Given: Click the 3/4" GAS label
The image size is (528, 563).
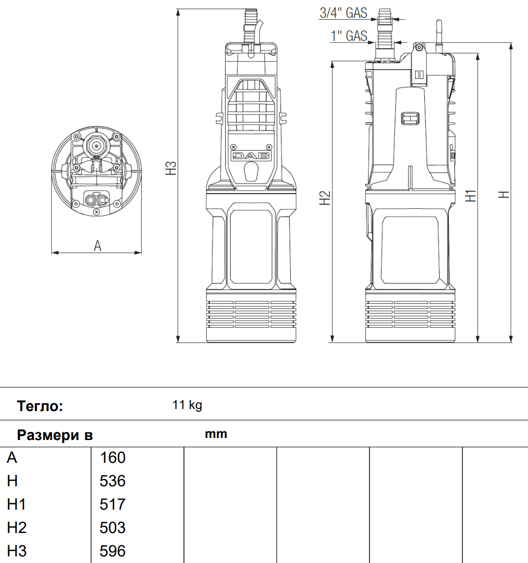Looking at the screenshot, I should (343, 13).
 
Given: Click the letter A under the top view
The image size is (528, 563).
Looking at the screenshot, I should (98, 245).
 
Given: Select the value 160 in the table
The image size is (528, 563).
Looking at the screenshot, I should (113, 458).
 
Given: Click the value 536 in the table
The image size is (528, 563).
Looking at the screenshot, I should (113, 481).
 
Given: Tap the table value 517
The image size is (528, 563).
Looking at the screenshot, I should (113, 505).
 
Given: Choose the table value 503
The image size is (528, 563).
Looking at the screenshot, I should (113, 528).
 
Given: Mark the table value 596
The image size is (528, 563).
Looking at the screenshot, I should (113, 551).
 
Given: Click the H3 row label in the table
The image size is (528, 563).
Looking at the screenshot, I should (17, 551).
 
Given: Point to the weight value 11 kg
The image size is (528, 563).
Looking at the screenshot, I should (187, 405).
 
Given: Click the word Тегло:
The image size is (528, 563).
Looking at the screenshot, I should (40, 406).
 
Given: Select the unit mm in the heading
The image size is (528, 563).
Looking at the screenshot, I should (216, 434).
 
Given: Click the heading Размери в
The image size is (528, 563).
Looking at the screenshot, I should (55, 435).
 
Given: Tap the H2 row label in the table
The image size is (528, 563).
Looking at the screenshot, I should (17, 528).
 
